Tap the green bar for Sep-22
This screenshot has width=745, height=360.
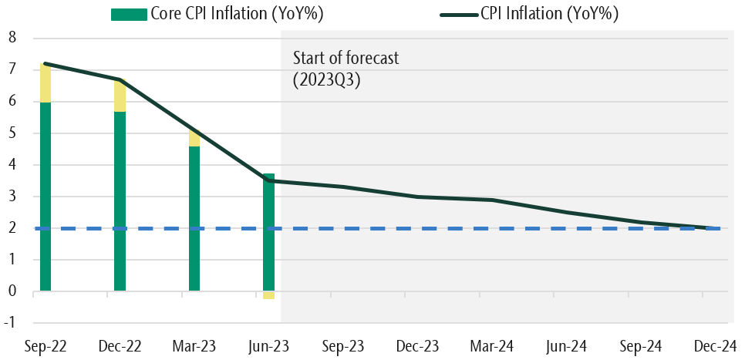pos(46,197)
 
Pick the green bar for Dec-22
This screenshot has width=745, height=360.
pos(120,200)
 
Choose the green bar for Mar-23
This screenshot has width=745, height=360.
pos(194,218)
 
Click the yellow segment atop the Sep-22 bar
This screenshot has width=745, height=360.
pos(46,82)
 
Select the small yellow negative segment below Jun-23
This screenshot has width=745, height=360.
pos(268,295)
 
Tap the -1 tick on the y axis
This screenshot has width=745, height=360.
pos(10,323)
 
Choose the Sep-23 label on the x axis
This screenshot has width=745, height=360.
pos(342,346)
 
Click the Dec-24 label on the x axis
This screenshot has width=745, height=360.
pos(714,346)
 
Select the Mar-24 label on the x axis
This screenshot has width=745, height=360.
pos(490,346)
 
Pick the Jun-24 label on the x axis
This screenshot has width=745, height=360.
pos(565,346)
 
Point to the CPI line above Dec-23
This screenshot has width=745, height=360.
pos(416,197)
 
